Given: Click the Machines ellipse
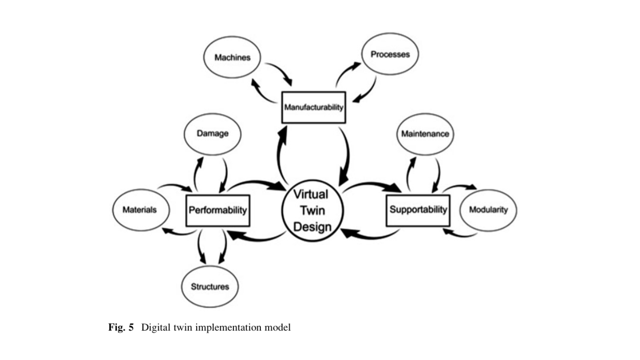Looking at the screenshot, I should [x=232, y=57].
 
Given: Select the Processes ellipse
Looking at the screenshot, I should [x=390, y=54].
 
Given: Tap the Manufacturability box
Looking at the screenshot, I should [x=314, y=107].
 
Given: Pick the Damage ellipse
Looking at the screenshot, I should [x=212, y=134].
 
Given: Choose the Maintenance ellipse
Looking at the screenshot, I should [x=425, y=134].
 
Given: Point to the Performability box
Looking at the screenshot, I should [x=218, y=210].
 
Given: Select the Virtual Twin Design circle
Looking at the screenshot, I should [x=312, y=210].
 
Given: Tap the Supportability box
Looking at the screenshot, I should [x=418, y=210].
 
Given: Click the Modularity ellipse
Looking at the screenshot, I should [x=488, y=210].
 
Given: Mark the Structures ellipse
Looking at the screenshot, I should [x=210, y=286].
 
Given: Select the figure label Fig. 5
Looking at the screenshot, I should [x=121, y=327].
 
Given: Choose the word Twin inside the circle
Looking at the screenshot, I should [x=312, y=211].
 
